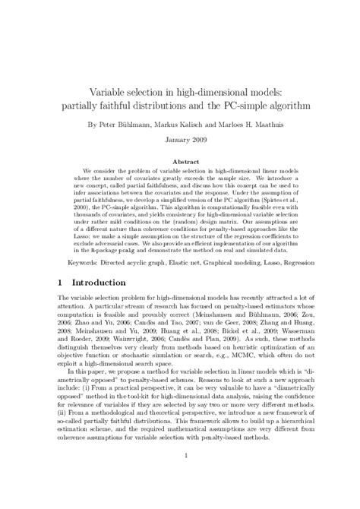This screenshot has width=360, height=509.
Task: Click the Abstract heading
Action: pyautogui.click(x=181, y=162)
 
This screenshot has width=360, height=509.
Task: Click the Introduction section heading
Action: pyautogui.click(x=91, y=282)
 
